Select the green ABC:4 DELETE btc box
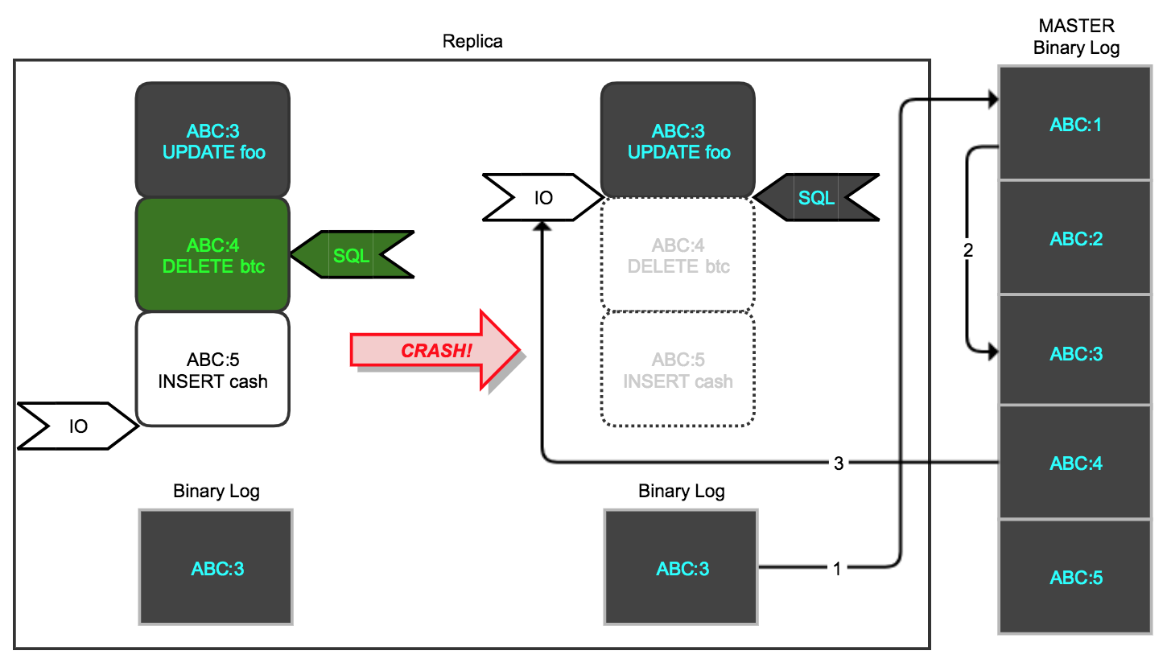click(x=212, y=255)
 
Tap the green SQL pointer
click(x=352, y=256)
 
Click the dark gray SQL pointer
click(x=815, y=197)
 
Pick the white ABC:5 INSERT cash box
click(x=212, y=369)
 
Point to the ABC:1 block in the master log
click(x=1074, y=124)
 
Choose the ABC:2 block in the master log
click(x=1074, y=239)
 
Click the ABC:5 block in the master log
click(x=1074, y=577)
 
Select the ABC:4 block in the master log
click(x=1074, y=463)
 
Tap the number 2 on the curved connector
click(x=968, y=250)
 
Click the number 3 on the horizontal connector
click(x=839, y=463)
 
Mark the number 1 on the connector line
click(x=837, y=569)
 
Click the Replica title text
click(x=472, y=41)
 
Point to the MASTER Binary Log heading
click(x=1076, y=37)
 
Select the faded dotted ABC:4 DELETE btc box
click(x=678, y=255)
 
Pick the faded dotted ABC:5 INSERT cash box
click(x=678, y=369)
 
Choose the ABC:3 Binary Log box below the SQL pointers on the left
click(x=216, y=568)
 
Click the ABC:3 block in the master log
click(x=1074, y=353)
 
